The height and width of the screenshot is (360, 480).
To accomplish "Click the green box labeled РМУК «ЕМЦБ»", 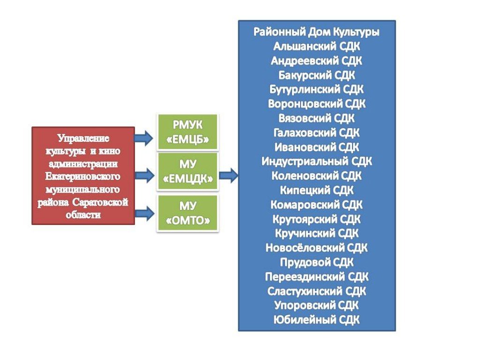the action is coord(187,132).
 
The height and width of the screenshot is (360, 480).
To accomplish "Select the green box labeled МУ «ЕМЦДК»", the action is coord(187,172).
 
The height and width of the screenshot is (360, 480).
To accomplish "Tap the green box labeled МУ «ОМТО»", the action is coord(187,213).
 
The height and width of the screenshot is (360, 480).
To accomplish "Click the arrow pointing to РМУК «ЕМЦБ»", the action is coord(143,138).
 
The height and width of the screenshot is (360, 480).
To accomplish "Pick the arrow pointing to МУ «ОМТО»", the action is coord(144,213).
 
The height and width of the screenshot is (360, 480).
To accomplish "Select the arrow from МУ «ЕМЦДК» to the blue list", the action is coord(228,175).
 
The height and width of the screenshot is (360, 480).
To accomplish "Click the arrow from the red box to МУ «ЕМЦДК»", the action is coord(144,175).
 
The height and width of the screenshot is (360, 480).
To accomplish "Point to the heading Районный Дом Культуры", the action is coord(316,32).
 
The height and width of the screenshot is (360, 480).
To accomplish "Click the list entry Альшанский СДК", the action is coord(316,46).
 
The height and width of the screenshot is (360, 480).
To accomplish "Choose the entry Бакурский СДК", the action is coord(316,75).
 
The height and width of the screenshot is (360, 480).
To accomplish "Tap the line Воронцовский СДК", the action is coord(316,104).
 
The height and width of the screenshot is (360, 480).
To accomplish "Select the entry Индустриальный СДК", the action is coord(316,161).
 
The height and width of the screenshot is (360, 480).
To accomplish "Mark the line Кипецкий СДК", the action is coord(316,190).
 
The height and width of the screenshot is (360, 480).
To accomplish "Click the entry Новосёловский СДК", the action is coord(316,247).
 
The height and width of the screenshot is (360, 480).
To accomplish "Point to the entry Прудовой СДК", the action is coord(316,262).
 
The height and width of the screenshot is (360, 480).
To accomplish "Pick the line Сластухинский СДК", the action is coord(316,291).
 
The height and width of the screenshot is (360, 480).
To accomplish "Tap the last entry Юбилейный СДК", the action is coord(316,320).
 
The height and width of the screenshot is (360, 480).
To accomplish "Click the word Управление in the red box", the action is coord(83,138).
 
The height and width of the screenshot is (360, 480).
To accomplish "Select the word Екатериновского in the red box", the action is coord(82,177).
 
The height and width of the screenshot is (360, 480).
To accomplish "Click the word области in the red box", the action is coord(83,215).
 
